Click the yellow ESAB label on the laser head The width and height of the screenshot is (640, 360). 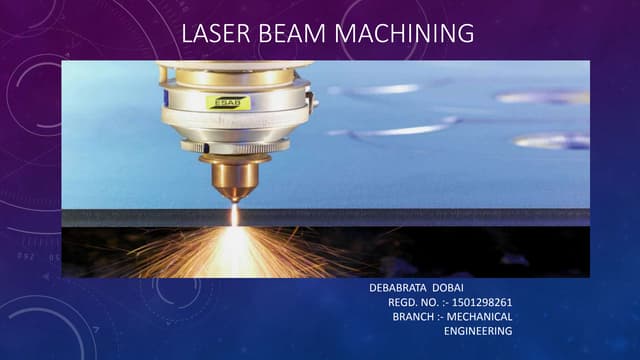click(x=225, y=101)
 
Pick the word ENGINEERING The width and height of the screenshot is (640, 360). click(x=477, y=330)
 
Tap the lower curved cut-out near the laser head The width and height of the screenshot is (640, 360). click(x=395, y=130)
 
